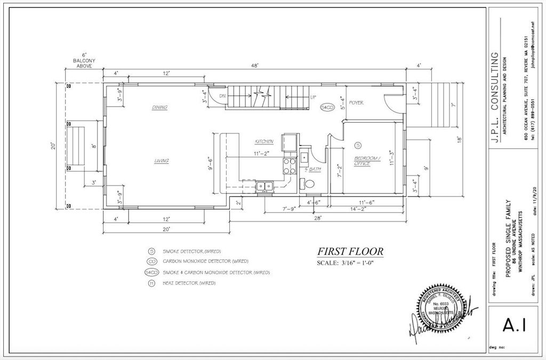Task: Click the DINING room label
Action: coord(159,107)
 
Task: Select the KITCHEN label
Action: coord(264,141)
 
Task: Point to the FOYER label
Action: coord(356,102)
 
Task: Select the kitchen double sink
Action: coord(264,186)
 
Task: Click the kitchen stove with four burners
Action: coord(290,166)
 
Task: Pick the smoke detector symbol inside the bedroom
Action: coord(358,145)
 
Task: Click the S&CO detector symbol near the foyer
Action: coord(327,107)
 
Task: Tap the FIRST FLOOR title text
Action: coord(350,252)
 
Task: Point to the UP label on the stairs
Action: coord(314,97)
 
